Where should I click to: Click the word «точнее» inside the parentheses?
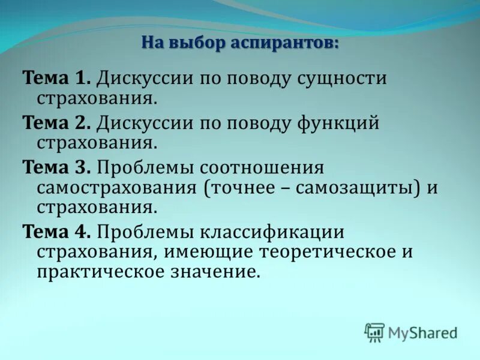coord(240,188)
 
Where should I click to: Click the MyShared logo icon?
coord(375,332)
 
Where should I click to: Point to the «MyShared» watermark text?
coord(422,332)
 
